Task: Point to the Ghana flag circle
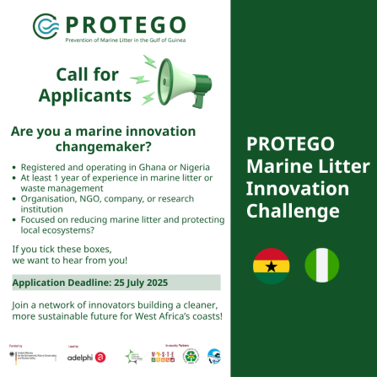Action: [x=271, y=265]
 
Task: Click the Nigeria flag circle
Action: [x=321, y=265]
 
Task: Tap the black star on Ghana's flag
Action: [x=271, y=265]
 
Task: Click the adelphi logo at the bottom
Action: [x=87, y=357]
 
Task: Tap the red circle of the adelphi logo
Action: [x=100, y=357]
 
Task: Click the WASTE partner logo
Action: [x=162, y=357]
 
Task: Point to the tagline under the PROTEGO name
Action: [x=126, y=40]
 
